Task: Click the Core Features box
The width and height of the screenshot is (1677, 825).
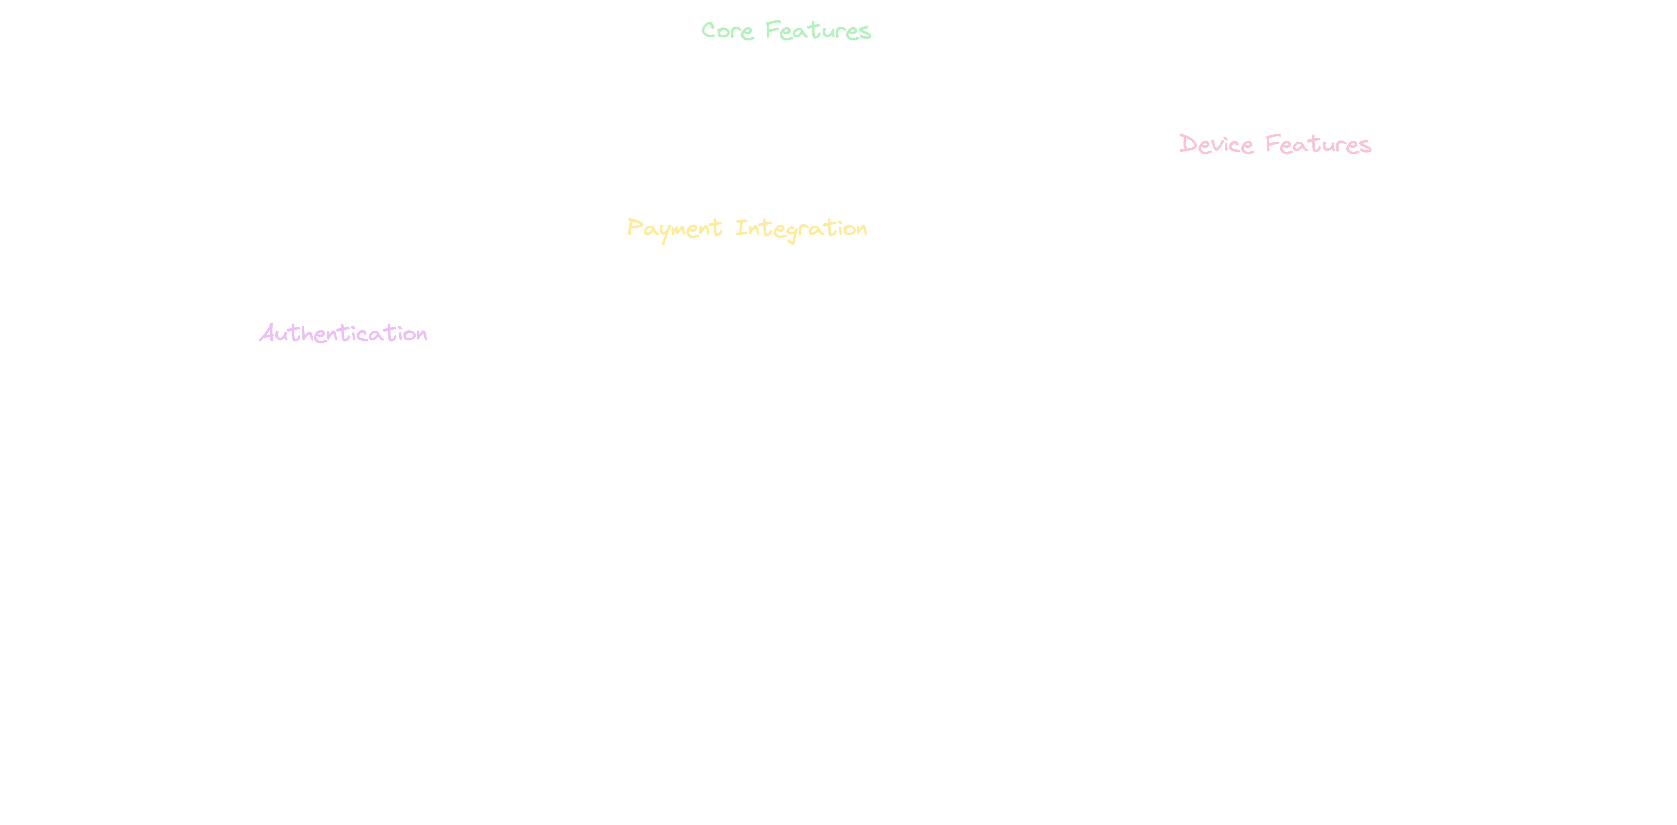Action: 786,31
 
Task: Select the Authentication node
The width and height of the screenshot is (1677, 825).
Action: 342,333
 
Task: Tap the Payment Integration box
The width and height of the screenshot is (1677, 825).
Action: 747,229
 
